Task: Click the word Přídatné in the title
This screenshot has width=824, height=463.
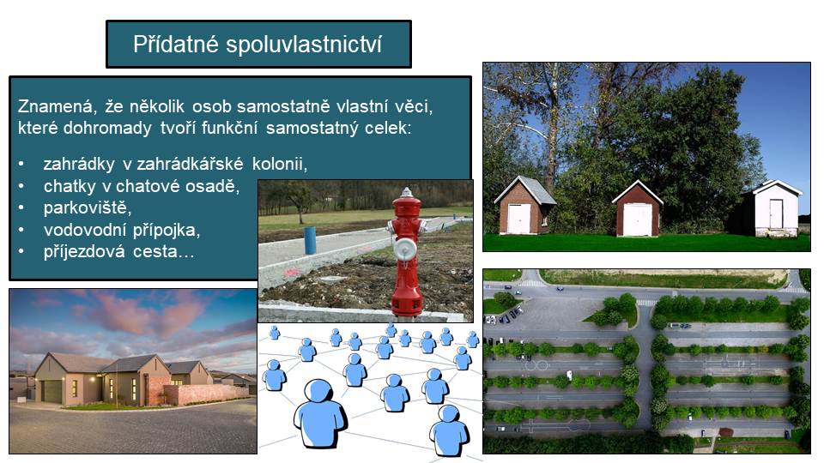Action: (175, 44)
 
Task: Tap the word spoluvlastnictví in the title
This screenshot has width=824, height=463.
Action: (304, 45)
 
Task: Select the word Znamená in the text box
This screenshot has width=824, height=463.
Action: (57, 106)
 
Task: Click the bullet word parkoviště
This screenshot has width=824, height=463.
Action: (88, 207)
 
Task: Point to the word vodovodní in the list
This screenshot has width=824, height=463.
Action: (85, 230)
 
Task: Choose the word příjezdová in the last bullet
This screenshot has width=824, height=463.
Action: (84, 252)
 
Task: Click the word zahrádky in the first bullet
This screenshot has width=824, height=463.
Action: (79, 165)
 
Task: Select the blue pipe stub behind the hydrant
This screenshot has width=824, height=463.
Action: (310, 240)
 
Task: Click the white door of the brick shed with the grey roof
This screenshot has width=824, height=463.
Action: (518, 219)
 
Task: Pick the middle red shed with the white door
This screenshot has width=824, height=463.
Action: (638, 209)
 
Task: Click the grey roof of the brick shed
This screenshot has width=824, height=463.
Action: (532, 189)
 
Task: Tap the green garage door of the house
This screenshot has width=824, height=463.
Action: (52, 392)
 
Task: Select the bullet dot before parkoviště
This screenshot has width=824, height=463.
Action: (21, 207)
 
